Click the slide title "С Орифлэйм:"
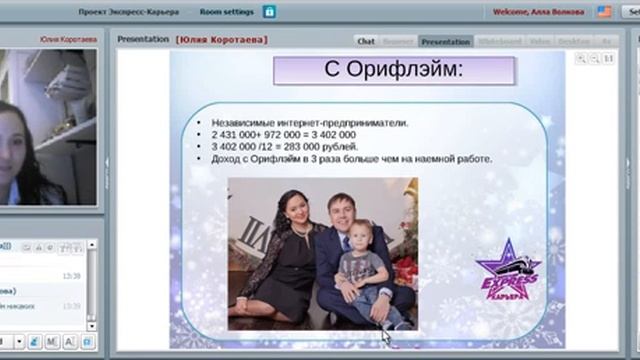[394, 72]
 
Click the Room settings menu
[225, 12]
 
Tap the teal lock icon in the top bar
[269, 12]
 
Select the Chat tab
[366, 41]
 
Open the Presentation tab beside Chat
[445, 41]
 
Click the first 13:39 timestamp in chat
[71, 276]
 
